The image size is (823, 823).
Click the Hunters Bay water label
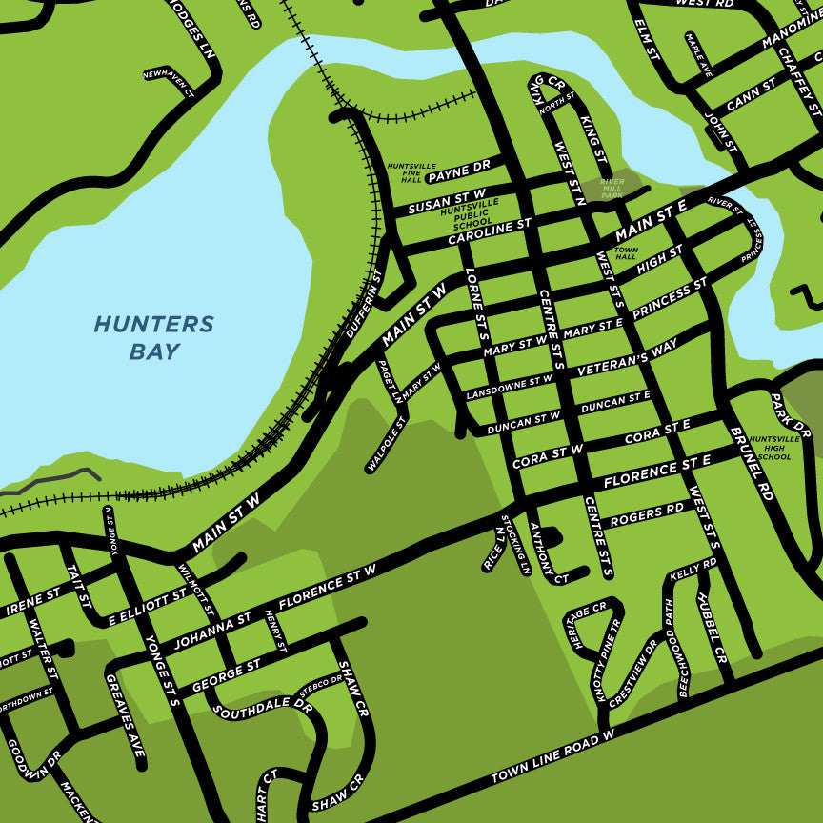153,338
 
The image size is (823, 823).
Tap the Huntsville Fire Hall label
404,172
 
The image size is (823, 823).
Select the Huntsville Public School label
469,212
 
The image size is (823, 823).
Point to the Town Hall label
626,252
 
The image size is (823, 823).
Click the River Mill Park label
612,189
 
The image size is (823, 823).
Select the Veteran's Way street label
627,355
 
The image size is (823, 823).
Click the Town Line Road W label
553,758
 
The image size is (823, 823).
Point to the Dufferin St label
363,304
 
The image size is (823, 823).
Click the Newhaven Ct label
168,82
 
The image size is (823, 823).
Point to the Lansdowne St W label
510,387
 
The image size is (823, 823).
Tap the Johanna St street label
211,629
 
